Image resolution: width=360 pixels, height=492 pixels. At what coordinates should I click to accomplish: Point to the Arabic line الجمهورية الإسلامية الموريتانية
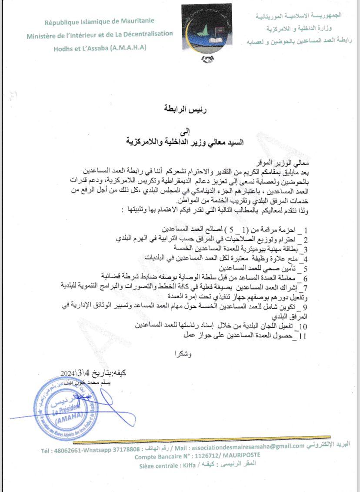click(x=298, y=16)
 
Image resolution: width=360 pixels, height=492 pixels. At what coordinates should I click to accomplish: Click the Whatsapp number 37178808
click(x=128, y=449)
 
